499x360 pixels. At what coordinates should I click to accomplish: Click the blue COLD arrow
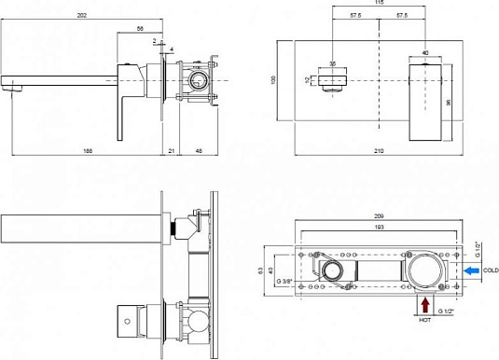coord(471,270)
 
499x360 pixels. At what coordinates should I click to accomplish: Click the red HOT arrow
coord(425,305)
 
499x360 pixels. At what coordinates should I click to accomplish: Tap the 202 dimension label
coord(82,15)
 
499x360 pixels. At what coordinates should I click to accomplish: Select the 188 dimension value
coord(88,151)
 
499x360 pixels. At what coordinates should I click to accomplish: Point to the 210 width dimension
coord(379,151)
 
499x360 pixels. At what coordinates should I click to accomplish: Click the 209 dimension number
coord(379,216)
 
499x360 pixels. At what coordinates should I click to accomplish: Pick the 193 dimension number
coord(379,227)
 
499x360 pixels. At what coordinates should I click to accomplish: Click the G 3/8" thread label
coord(284,282)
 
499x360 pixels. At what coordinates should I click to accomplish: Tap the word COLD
coord(491,270)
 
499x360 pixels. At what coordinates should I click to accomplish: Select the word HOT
coord(425,320)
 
